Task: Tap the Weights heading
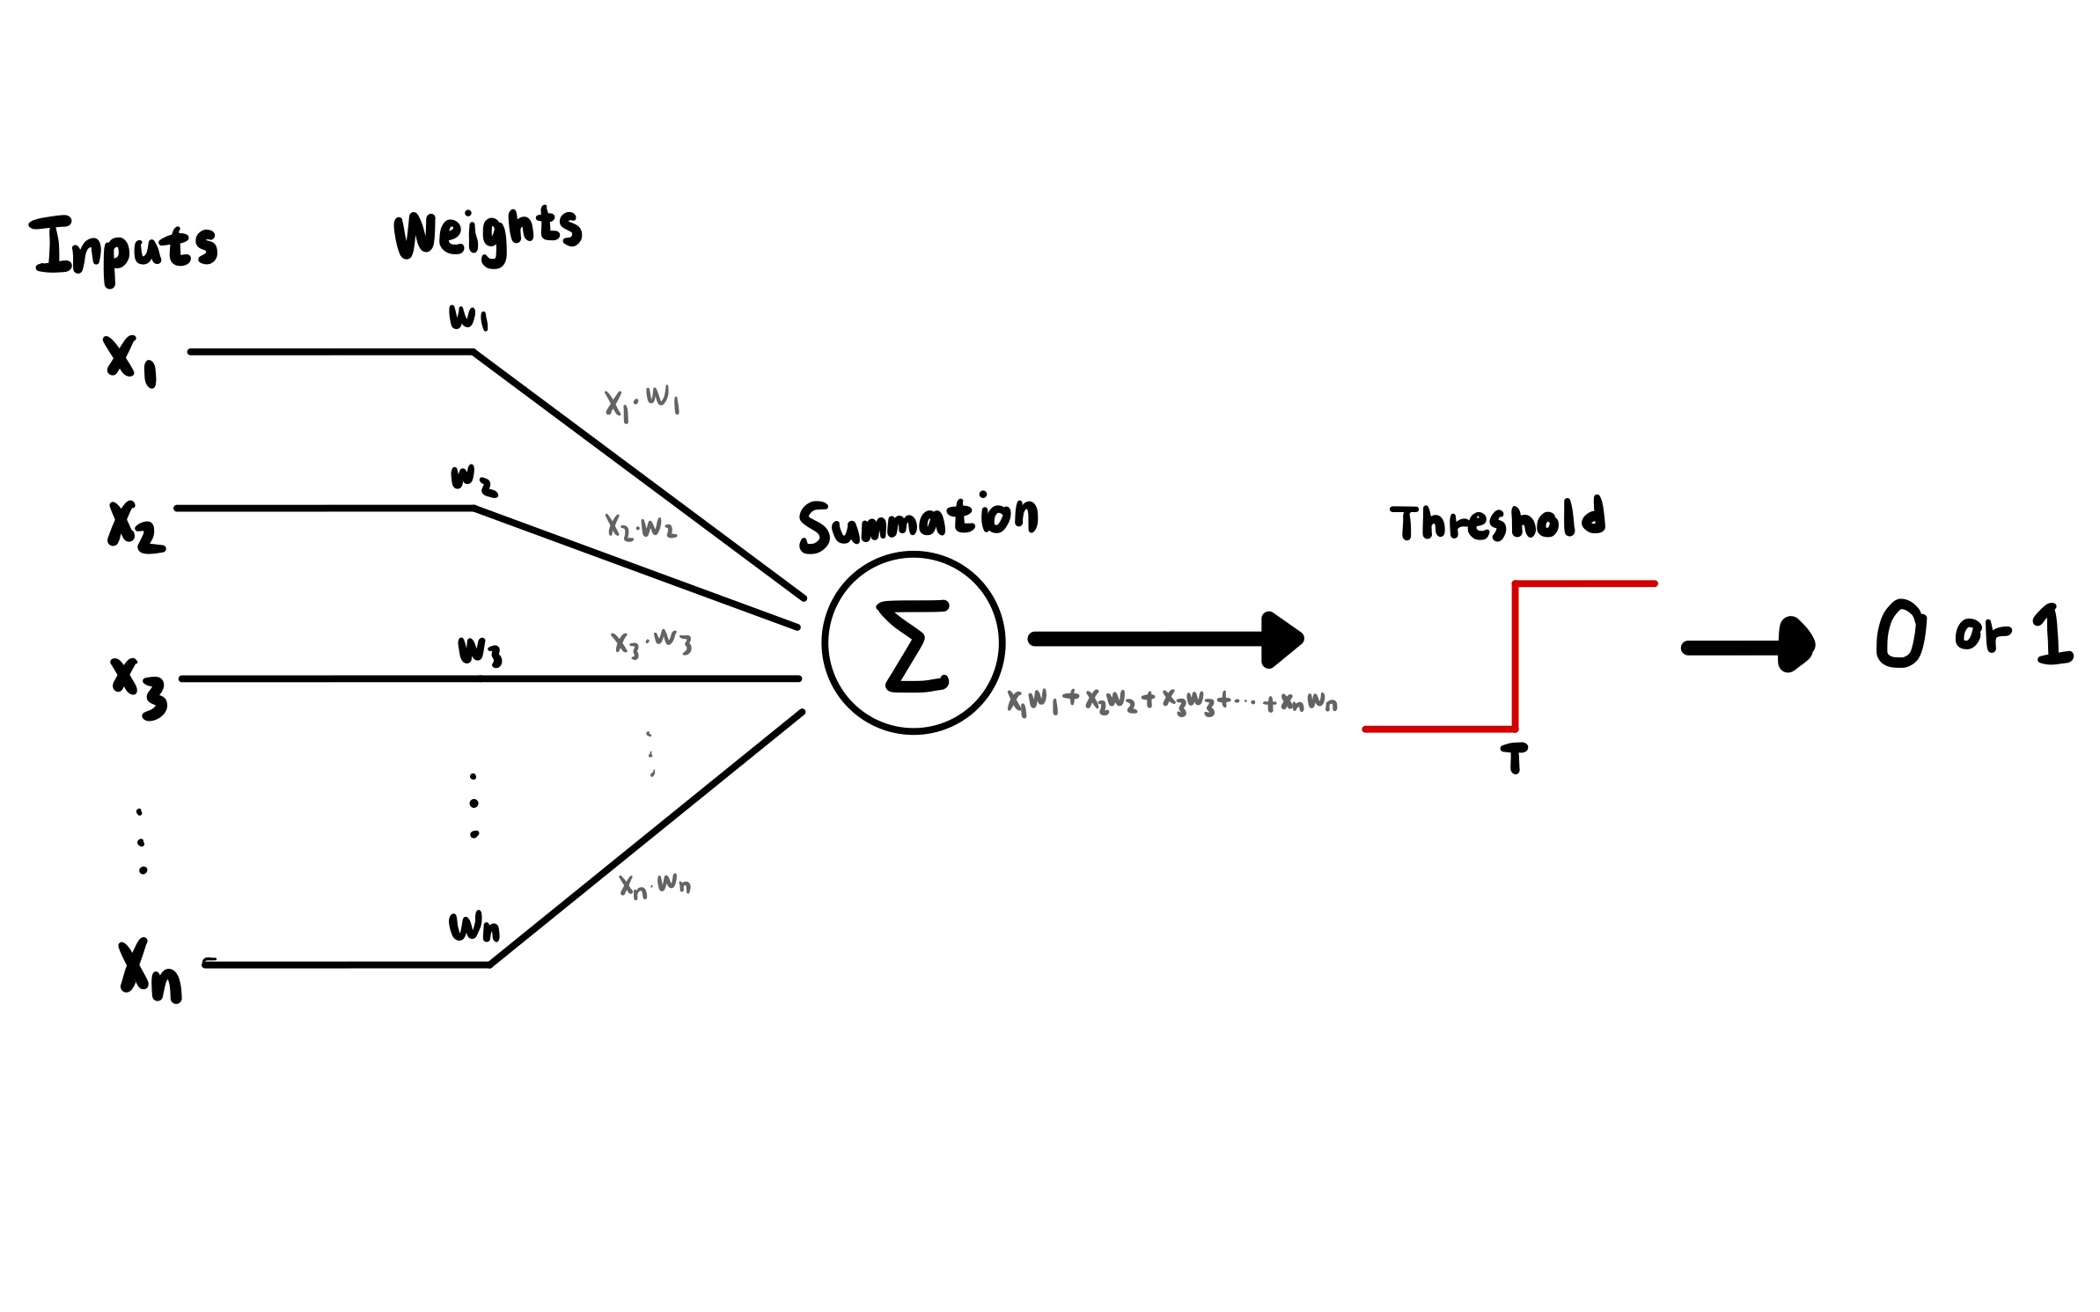(487, 232)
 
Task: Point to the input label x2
(136, 526)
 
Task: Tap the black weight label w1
(468, 317)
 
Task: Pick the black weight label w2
(474, 480)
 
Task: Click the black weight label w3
(480, 652)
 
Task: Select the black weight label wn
(474, 927)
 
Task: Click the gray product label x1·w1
(642, 402)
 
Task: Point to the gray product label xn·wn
(655, 884)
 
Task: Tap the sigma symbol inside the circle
(914, 645)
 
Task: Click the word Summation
(918, 523)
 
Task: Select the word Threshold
(1497, 520)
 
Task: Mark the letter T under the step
(1514, 758)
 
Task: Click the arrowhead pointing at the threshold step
(1282, 640)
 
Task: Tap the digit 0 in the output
(1901, 634)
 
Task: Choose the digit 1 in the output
(2052, 634)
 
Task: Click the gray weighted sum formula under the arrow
(1171, 701)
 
